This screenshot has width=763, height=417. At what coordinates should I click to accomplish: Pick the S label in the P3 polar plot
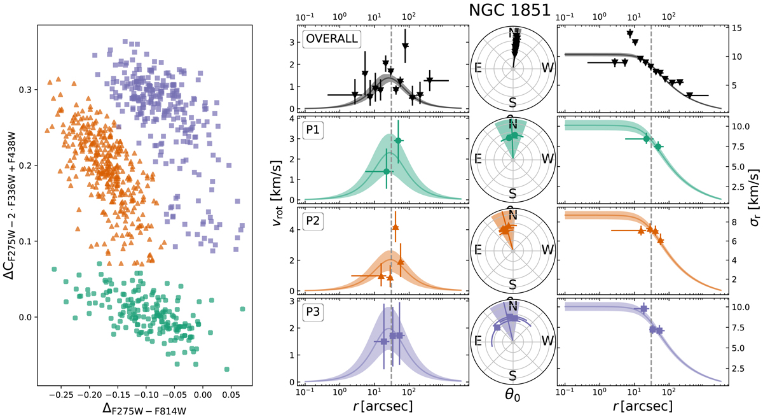512,369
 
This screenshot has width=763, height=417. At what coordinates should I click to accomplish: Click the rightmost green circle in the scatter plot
242,309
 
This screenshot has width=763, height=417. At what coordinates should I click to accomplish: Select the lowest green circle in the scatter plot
227,369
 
